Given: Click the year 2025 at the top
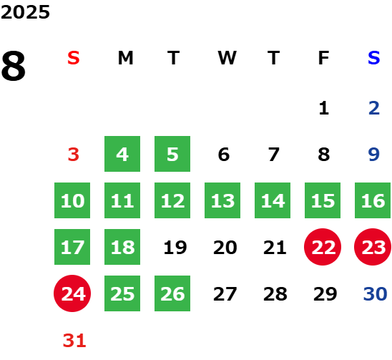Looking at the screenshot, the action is (25, 12).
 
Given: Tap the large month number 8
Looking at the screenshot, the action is (14, 66).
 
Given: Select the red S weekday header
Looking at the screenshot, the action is (74, 58).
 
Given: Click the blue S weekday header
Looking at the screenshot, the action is (373, 58).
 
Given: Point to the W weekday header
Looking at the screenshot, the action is (227, 58).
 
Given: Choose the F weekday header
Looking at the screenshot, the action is (323, 58).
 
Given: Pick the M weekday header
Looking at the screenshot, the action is (125, 58).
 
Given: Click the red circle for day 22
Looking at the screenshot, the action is (323, 247).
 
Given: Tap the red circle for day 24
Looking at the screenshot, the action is (72, 293).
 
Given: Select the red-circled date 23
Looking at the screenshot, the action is (373, 247).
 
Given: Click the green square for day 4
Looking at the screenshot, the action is (122, 154).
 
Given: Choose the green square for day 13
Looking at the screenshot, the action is (222, 200).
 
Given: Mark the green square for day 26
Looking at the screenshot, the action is (172, 293).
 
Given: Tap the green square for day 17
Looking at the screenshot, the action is (72, 247).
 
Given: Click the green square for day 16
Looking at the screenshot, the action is (373, 200).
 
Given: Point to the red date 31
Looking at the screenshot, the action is (74, 340).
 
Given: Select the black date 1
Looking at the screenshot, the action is (324, 108).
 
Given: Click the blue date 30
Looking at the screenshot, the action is (375, 293).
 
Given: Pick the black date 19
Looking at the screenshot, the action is (175, 247).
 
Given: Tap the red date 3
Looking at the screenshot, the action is (74, 155).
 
